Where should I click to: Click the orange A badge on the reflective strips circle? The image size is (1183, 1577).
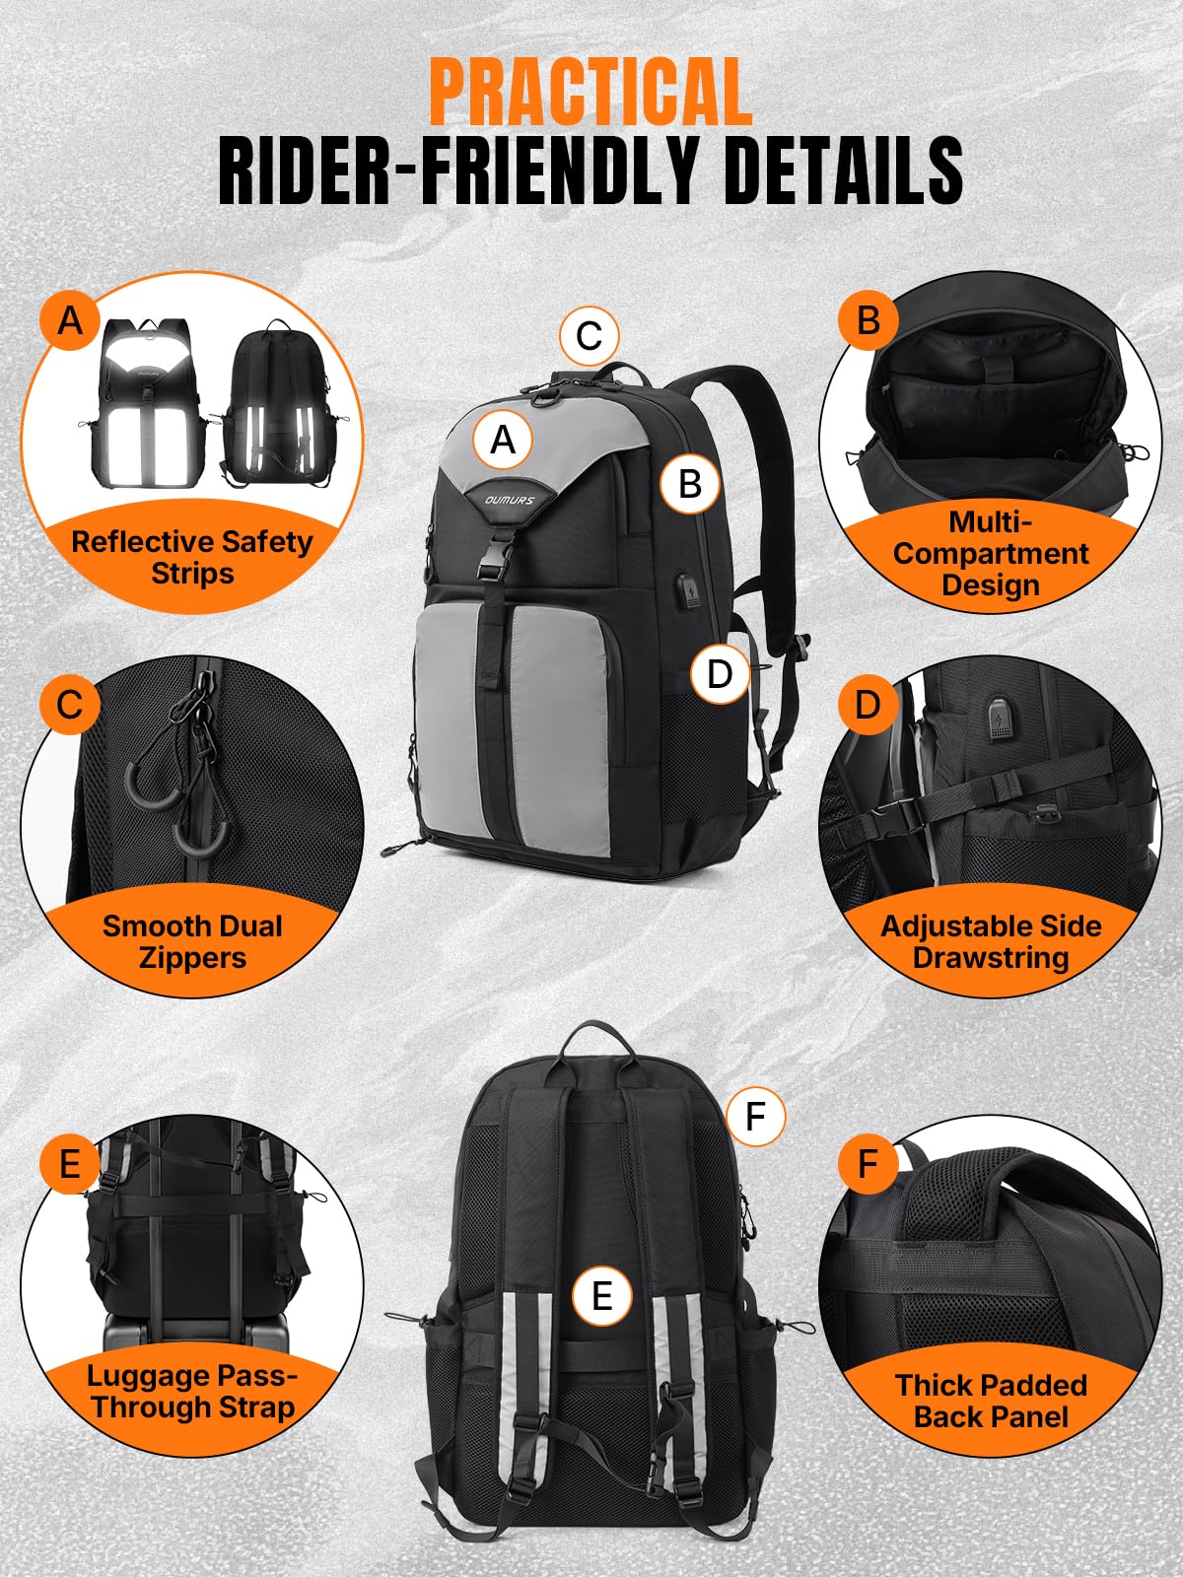pos(70,319)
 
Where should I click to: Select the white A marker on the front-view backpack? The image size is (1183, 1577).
pos(503,440)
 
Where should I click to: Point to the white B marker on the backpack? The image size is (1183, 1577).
pos(689,484)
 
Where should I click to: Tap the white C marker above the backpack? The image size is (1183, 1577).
pos(589,335)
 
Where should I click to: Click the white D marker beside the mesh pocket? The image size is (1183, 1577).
pos(720,674)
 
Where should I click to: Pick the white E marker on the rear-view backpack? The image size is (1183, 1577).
pos(602,1297)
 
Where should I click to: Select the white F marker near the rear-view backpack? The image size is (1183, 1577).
pos(755,1117)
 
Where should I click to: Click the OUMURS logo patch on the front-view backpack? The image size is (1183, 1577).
pos(510,499)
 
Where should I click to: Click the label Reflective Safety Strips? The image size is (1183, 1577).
pos(192,558)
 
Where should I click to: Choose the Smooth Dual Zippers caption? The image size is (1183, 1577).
pos(192,942)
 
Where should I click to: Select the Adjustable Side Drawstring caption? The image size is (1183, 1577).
pos(991,942)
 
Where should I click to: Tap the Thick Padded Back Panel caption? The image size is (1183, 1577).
pos(991,1401)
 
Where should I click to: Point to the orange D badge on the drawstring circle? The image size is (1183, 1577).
pos(869,704)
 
